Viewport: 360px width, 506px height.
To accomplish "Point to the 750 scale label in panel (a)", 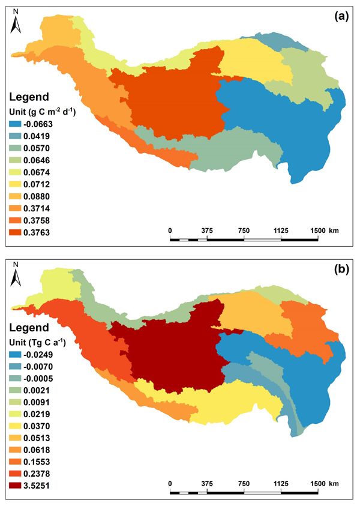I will (244, 230).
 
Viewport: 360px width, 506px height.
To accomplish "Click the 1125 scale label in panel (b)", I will (281, 483).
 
